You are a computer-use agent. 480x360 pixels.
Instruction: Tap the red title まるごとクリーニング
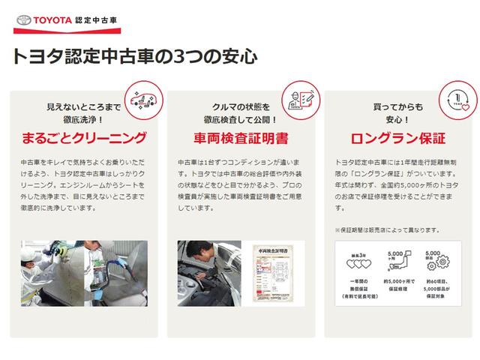83,139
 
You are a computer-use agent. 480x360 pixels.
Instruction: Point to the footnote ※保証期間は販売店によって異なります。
387,229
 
